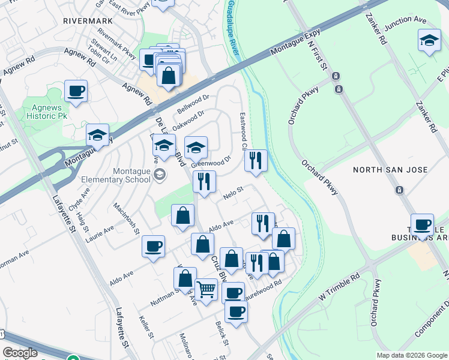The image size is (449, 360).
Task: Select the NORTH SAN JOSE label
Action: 390,170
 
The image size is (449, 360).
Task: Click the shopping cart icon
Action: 206,289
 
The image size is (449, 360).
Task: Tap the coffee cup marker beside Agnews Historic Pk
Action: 76,92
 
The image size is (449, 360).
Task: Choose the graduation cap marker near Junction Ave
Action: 429,41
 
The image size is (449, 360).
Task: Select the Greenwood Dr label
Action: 211,163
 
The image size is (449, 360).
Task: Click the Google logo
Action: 20,353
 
